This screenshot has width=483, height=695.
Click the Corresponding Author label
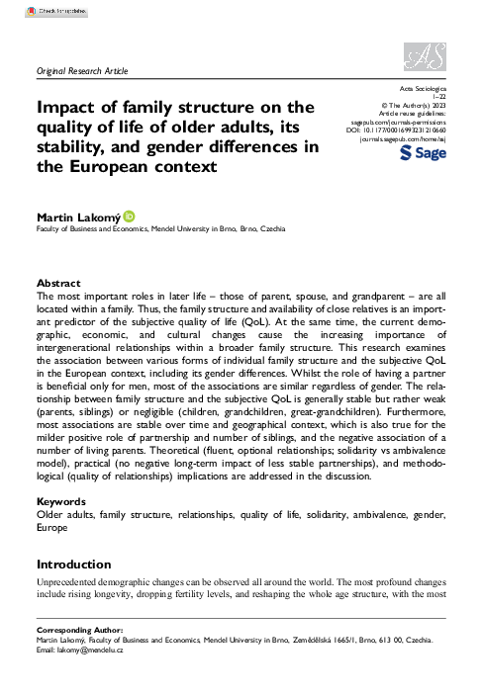click(x=78, y=630)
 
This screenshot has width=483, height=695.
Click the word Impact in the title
click(x=68, y=107)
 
